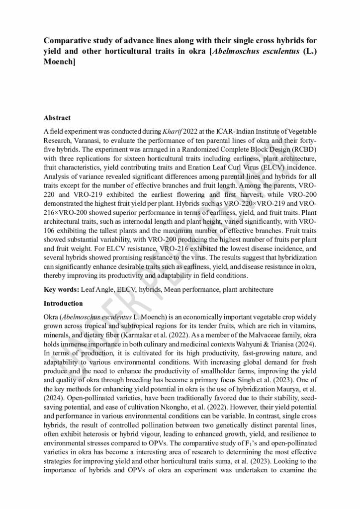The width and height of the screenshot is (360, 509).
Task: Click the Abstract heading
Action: [x=57, y=118]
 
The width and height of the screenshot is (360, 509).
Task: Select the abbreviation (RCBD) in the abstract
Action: [x=302, y=149]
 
